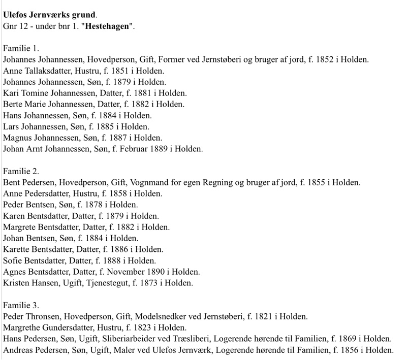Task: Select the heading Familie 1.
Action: (x=21, y=48)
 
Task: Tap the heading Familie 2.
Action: (x=21, y=171)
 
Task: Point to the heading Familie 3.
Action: (x=21, y=305)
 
